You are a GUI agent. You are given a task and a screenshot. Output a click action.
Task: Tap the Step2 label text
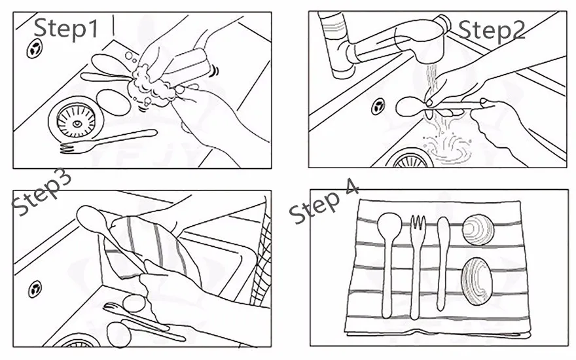coord(491,29)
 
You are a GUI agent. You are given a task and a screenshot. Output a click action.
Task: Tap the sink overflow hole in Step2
coord(378,106)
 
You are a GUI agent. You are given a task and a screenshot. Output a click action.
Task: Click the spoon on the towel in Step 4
coord(389,262)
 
